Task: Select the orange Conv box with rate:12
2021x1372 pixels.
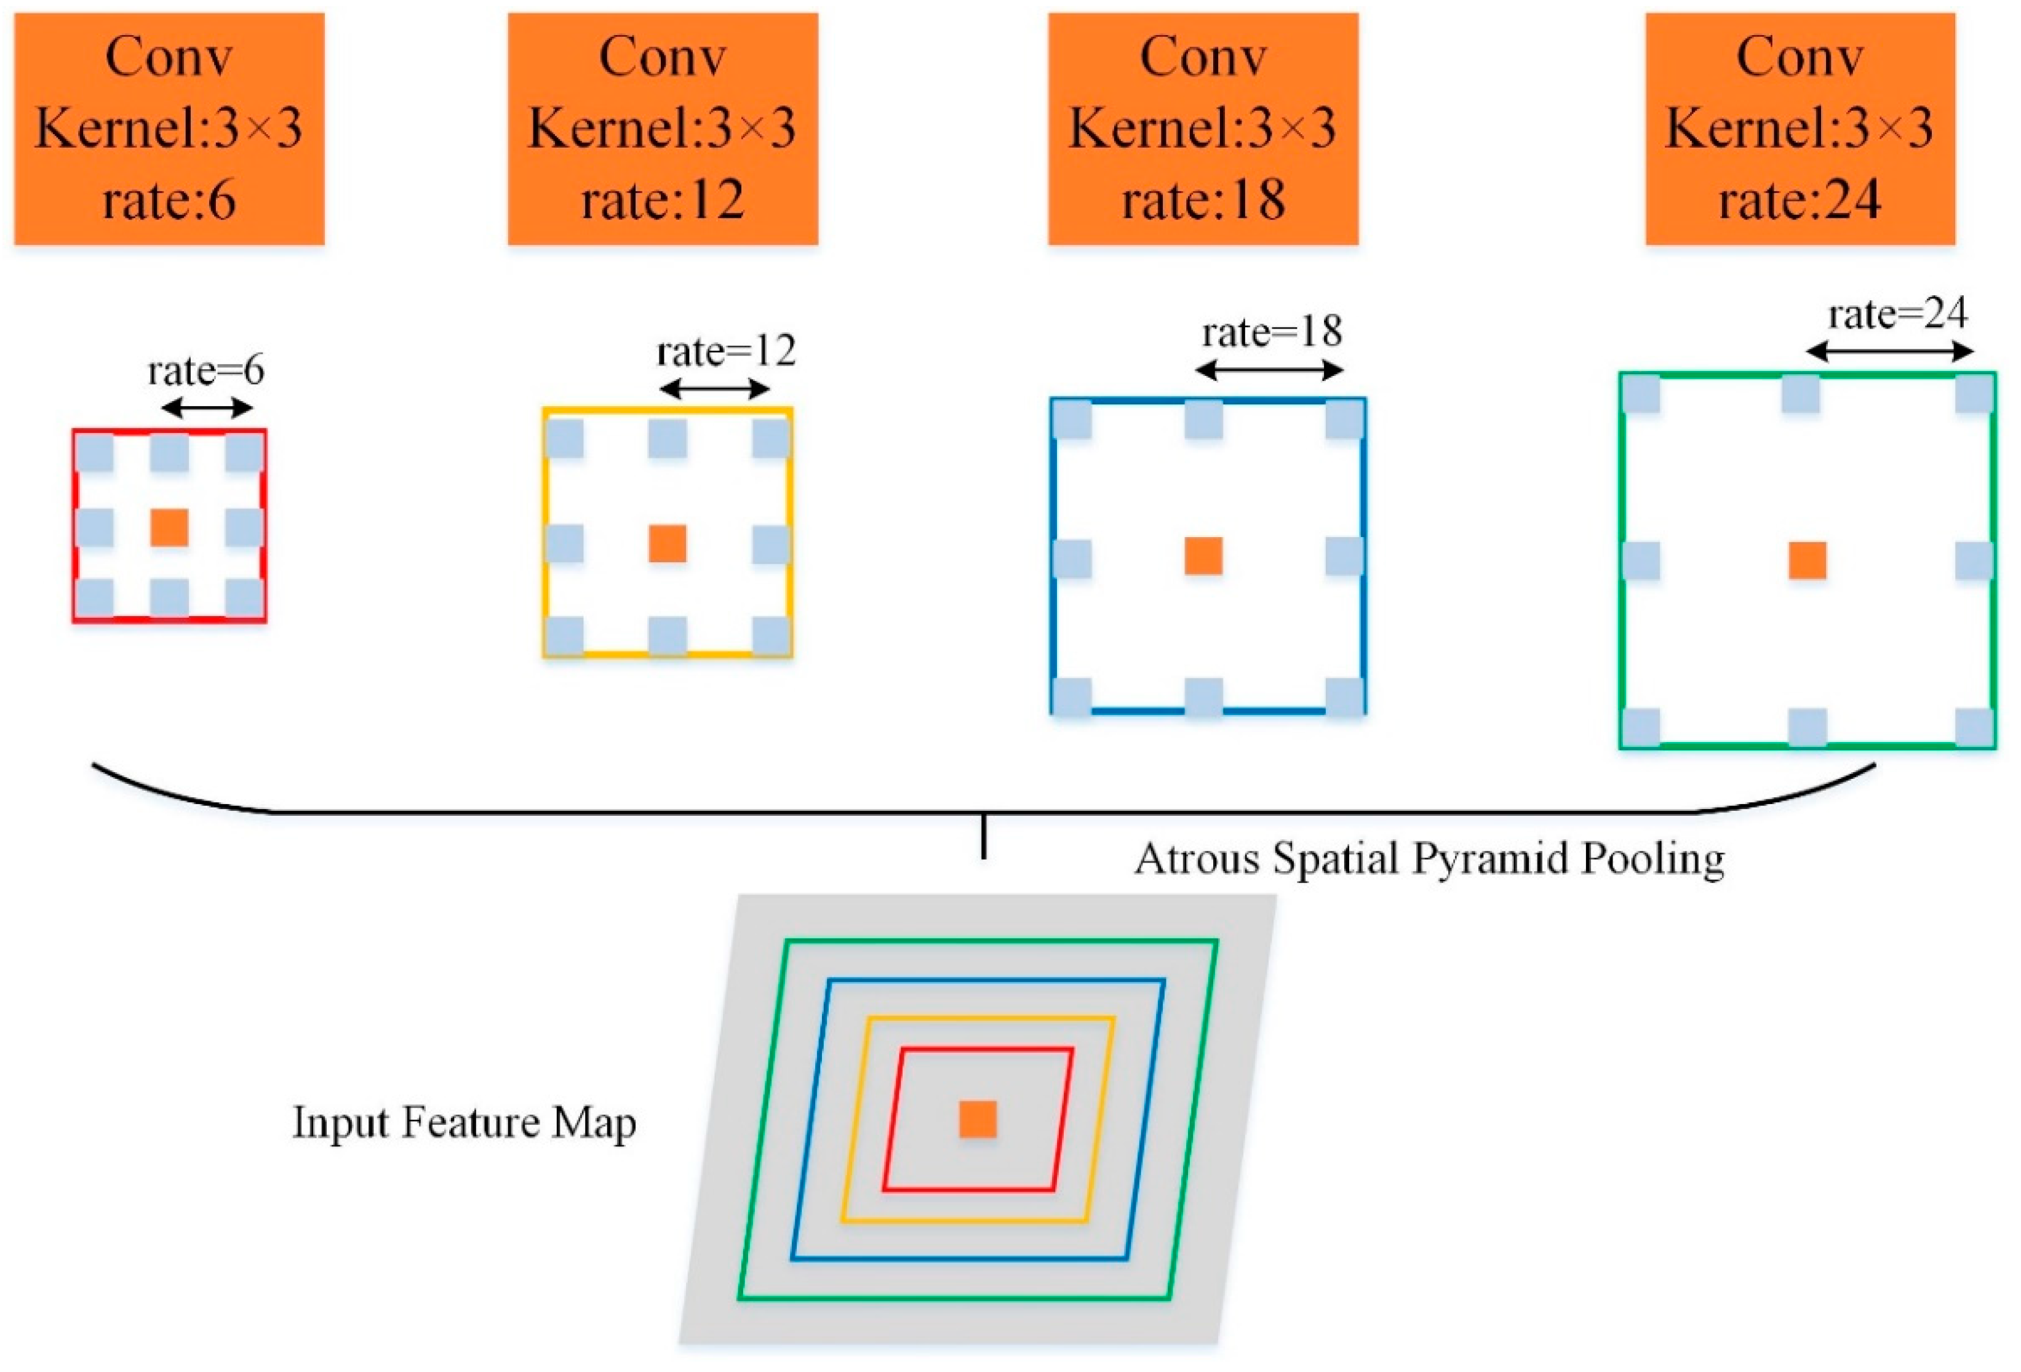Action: [662, 128]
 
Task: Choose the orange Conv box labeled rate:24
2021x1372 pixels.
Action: [1800, 128]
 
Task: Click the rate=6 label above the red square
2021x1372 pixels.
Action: [206, 371]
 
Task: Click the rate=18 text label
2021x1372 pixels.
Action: [1272, 332]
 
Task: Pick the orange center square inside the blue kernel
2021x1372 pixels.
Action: [1203, 556]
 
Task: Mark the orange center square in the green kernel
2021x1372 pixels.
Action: [1807, 561]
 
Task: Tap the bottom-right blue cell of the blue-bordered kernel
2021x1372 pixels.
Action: [1344, 696]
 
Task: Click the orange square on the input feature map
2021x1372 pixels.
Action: [978, 1119]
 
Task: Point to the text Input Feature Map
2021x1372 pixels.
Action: [463, 1122]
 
